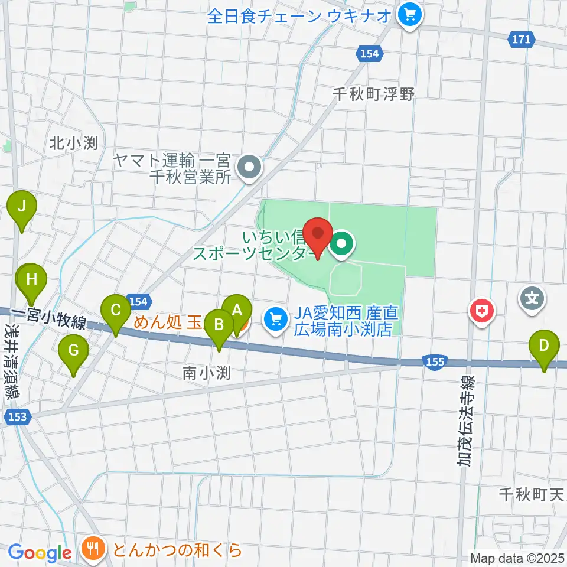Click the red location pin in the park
point(318,234)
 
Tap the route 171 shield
point(522,40)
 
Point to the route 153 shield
point(17,417)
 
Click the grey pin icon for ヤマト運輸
point(249,167)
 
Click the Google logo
point(40,553)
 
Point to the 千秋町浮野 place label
point(374,93)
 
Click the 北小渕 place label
point(73,142)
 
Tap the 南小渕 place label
point(205,373)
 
